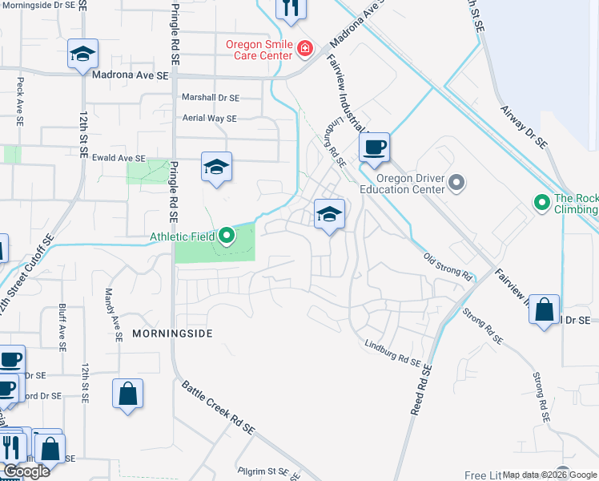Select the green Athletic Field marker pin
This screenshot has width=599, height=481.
[x=227, y=236]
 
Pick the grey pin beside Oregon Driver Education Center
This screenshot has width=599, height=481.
[x=456, y=184]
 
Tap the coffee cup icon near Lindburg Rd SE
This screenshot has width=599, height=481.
[x=374, y=148]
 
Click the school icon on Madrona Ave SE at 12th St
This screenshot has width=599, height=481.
[x=82, y=55]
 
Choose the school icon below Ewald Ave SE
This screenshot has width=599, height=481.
[x=216, y=168]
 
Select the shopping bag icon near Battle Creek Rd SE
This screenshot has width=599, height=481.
[x=127, y=394]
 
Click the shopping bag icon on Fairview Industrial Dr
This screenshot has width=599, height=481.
[x=544, y=309]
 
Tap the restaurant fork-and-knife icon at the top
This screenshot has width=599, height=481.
[x=291, y=9]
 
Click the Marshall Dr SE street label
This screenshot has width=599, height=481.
[x=210, y=98]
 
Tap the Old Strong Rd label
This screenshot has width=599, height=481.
[x=448, y=266]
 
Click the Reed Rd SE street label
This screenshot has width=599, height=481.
[x=422, y=390]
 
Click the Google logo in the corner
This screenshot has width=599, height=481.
[x=26, y=471]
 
